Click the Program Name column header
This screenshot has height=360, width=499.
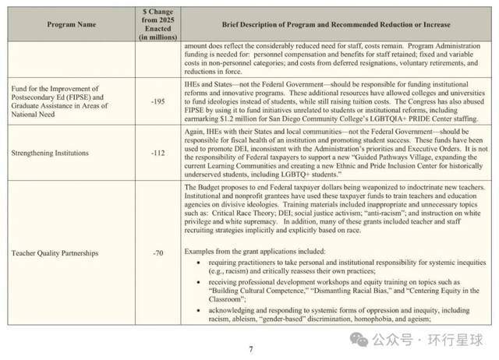tap(72, 24)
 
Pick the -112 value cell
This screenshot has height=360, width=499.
tap(158, 153)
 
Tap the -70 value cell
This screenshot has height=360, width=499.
tap(158, 253)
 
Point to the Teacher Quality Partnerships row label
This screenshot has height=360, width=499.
tap(51, 253)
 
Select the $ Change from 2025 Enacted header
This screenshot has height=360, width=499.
tap(158, 24)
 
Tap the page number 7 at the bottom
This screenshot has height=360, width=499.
tap(250, 349)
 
